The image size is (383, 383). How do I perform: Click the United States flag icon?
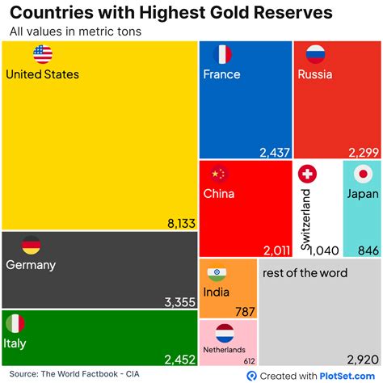43,55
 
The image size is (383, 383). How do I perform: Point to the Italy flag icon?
15,324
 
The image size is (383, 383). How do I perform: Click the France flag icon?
222,55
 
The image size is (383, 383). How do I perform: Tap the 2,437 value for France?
275,151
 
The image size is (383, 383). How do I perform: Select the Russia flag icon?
315,55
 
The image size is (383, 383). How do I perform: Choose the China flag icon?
219,174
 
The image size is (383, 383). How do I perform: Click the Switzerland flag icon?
307,174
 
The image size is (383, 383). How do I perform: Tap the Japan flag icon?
363,174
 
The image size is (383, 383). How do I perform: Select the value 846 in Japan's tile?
368,250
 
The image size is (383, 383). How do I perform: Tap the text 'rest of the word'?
305,273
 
